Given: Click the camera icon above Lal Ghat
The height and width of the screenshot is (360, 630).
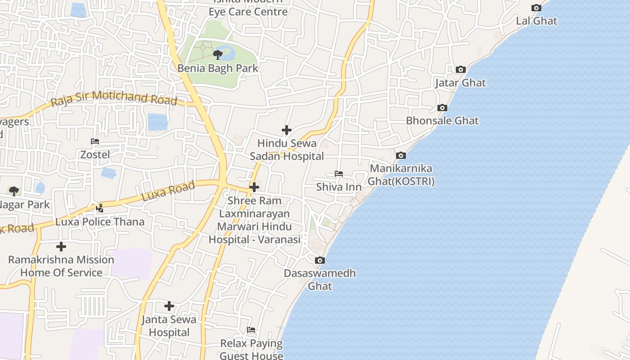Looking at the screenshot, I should click(x=536, y=8).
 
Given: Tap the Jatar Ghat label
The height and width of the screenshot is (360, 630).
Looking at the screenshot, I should click(x=460, y=83).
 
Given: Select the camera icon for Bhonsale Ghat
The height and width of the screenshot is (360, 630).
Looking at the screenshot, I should click(x=442, y=108).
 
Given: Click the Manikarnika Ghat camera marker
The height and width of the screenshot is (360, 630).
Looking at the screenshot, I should click(x=401, y=156).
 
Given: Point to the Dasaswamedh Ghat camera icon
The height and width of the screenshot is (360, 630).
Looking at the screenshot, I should click(x=320, y=260).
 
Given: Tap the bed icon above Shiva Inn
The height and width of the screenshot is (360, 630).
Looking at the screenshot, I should click(x=339, y=174).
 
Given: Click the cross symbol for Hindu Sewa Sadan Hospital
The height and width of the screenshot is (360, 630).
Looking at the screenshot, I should click(x=287, y=130).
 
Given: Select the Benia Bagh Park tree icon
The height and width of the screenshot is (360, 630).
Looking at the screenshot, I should click(x=218, y=55).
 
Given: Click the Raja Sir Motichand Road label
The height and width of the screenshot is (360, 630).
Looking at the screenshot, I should click(x=114, y=98).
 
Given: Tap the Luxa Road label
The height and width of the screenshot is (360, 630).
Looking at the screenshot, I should click(x=168, y=191).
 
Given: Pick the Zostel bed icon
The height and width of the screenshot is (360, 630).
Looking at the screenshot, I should click(x=95, y=141).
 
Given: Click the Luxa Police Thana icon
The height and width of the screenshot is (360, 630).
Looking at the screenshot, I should click(x=100, y=208).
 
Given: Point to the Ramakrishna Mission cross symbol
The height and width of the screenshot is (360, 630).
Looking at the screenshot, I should click(x=61, y=247).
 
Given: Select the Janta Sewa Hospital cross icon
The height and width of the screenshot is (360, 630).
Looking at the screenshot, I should click(x=169, y=306).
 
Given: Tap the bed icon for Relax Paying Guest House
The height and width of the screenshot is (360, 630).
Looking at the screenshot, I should click(x=251, y=330).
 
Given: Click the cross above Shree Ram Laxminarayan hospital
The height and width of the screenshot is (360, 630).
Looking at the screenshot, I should click(x=254, y=187).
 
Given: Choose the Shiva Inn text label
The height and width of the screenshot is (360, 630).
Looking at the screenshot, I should click(x=339, y=187).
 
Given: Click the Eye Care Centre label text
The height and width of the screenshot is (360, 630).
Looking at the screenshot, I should click(x=248, y=11).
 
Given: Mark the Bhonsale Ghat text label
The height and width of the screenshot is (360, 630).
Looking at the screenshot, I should click(x=442, y=121).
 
